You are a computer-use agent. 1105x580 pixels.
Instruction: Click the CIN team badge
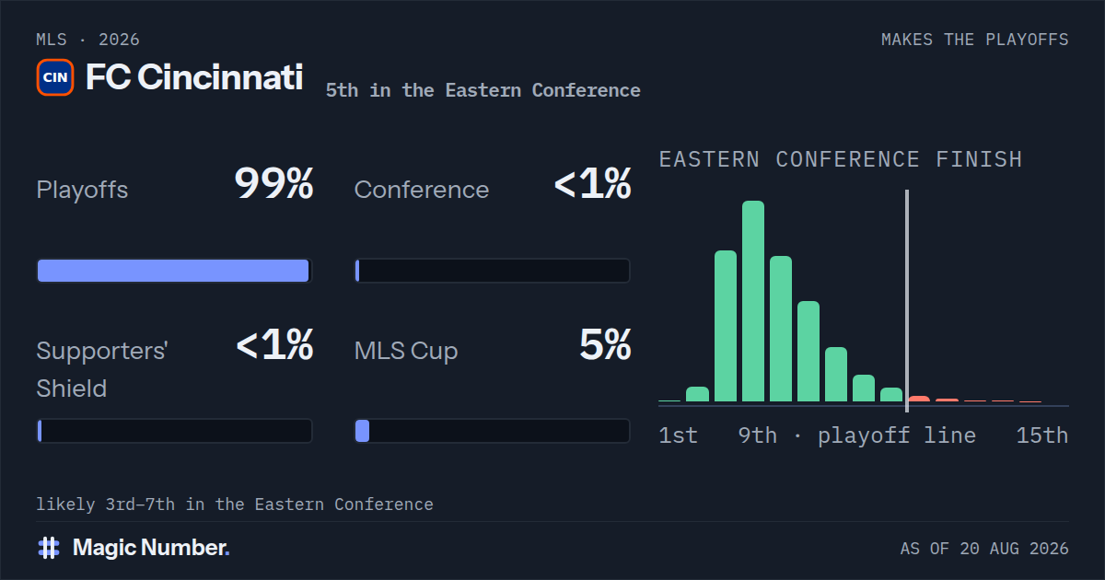pos(55,77)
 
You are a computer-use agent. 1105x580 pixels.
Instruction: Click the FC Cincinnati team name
pos(194,77)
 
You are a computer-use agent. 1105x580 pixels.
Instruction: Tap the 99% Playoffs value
pos(273,183)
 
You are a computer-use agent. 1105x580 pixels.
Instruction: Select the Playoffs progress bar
pos(175,271)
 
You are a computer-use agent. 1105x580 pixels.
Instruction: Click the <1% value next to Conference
pos(592,183)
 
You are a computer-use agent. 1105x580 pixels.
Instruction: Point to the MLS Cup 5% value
pos(605,344)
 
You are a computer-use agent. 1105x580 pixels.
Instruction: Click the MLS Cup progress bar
pos(493,431)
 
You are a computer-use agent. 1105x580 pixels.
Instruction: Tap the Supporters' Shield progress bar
pos(175,431)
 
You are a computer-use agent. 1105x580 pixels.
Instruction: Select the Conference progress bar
pos(493,271)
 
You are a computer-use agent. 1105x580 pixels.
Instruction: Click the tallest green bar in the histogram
pos(753,301)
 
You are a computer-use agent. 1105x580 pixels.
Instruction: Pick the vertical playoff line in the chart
pos(907,301)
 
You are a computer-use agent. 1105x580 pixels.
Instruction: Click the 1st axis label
pos(679,435)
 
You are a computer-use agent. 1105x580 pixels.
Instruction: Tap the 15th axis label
pos(1042,435)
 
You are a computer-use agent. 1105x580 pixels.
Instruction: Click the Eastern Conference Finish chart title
pos(841,159)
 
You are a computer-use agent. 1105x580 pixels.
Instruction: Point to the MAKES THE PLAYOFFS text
pos(975,40)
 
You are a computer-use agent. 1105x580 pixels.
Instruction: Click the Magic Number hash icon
pos(49,548)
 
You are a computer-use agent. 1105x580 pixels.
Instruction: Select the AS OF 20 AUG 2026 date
pos(984,549)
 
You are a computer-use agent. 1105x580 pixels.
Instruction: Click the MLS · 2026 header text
pos(87,40)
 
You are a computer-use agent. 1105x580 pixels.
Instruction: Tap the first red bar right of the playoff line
pos(919,399)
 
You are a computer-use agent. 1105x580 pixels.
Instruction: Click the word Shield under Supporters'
pos(72,389)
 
